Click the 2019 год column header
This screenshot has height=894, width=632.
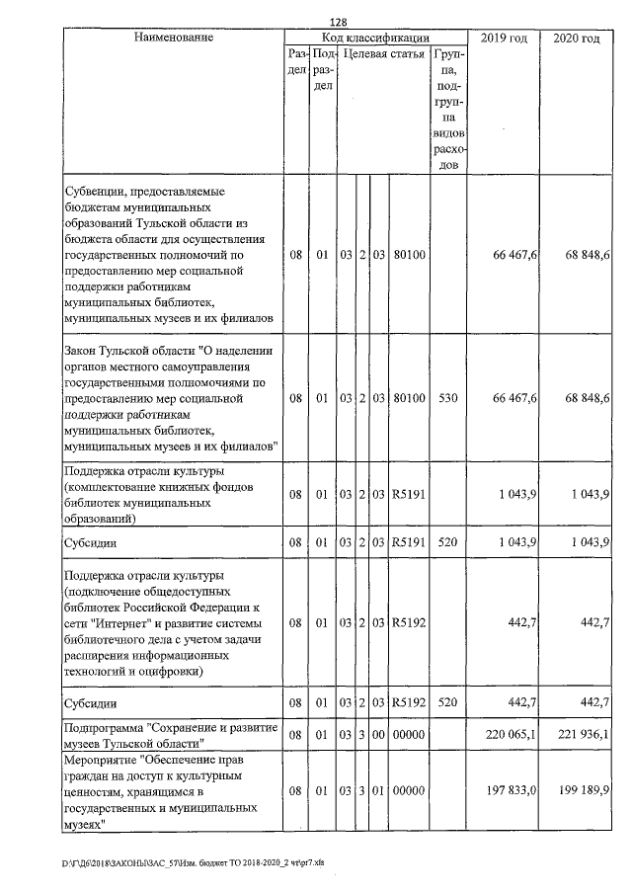click(504, 38)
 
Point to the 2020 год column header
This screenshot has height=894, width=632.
click(577, 38)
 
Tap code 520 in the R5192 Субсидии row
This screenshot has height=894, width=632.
click(448, 703)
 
